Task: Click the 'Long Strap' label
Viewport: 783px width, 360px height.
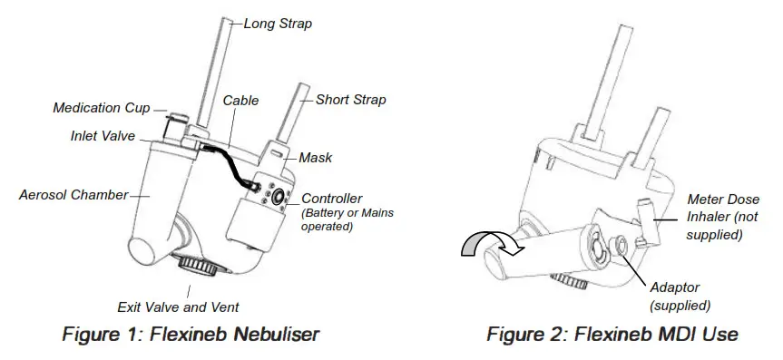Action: [278, 24]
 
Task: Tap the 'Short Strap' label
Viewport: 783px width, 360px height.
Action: [350, 99]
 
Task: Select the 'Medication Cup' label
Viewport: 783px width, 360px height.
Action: [101, 108]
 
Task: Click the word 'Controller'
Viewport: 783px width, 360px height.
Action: [332, 199]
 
